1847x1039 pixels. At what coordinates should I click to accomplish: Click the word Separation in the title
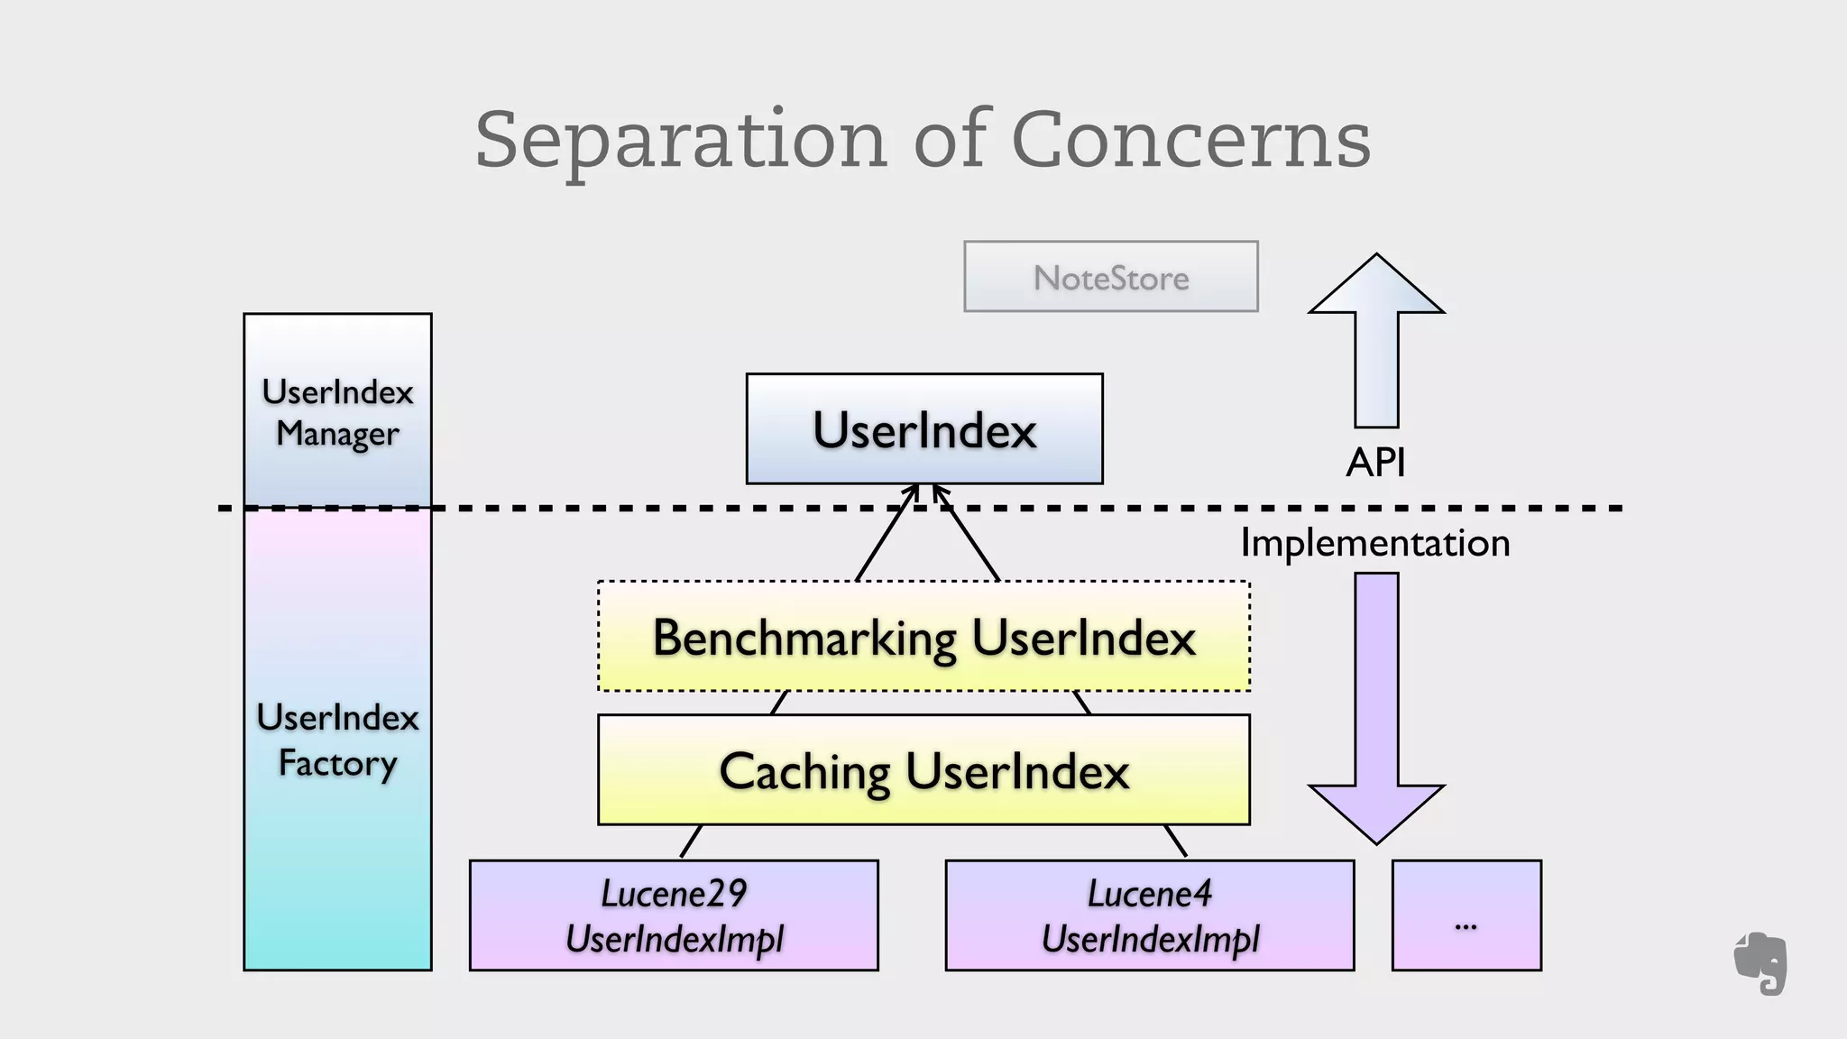(681, 141)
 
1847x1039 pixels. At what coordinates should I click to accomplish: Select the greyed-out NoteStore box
(1110, 277)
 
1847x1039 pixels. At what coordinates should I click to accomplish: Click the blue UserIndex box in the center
(924, 429)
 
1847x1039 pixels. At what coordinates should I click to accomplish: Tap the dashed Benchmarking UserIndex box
(923, 637)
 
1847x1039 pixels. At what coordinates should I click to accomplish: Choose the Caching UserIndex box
(923, 770)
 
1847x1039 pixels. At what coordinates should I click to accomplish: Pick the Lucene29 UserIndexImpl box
(674, 915)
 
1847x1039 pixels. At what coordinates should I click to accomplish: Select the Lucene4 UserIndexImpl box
(1150, 915)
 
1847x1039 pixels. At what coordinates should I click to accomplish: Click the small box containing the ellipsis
(1466, 915)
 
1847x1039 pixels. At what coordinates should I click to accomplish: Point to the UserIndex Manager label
(337, 413)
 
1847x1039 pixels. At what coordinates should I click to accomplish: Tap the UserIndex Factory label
(337, 740)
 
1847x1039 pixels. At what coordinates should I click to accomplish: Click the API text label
(1375, 463)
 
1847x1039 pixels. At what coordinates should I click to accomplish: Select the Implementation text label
(1374, 543)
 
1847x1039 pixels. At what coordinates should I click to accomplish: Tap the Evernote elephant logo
(1760, 963)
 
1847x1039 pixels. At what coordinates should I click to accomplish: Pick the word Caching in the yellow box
(805, 772)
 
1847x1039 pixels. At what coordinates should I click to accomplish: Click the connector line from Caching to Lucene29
(692, 841)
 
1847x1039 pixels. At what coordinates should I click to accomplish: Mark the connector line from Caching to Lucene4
(1174, 841)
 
